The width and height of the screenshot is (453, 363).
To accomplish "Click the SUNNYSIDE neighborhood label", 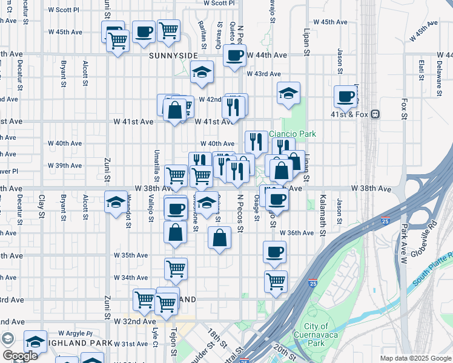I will [x=173, y=56].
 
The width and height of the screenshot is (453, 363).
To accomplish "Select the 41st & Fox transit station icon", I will [x=375, y=114].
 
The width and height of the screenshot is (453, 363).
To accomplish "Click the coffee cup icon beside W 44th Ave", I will [x=234, y=55].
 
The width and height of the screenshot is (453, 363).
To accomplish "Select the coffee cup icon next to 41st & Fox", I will [x=346, y=96].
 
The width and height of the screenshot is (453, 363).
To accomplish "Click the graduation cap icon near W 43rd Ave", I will [x=202, y=72].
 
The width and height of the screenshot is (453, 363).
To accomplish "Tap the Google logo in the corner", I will [x=19, y=355].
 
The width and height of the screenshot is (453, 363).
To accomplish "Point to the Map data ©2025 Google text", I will [x=415, y=358].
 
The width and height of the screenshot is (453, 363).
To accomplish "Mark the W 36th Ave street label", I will [x=300, y=233].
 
